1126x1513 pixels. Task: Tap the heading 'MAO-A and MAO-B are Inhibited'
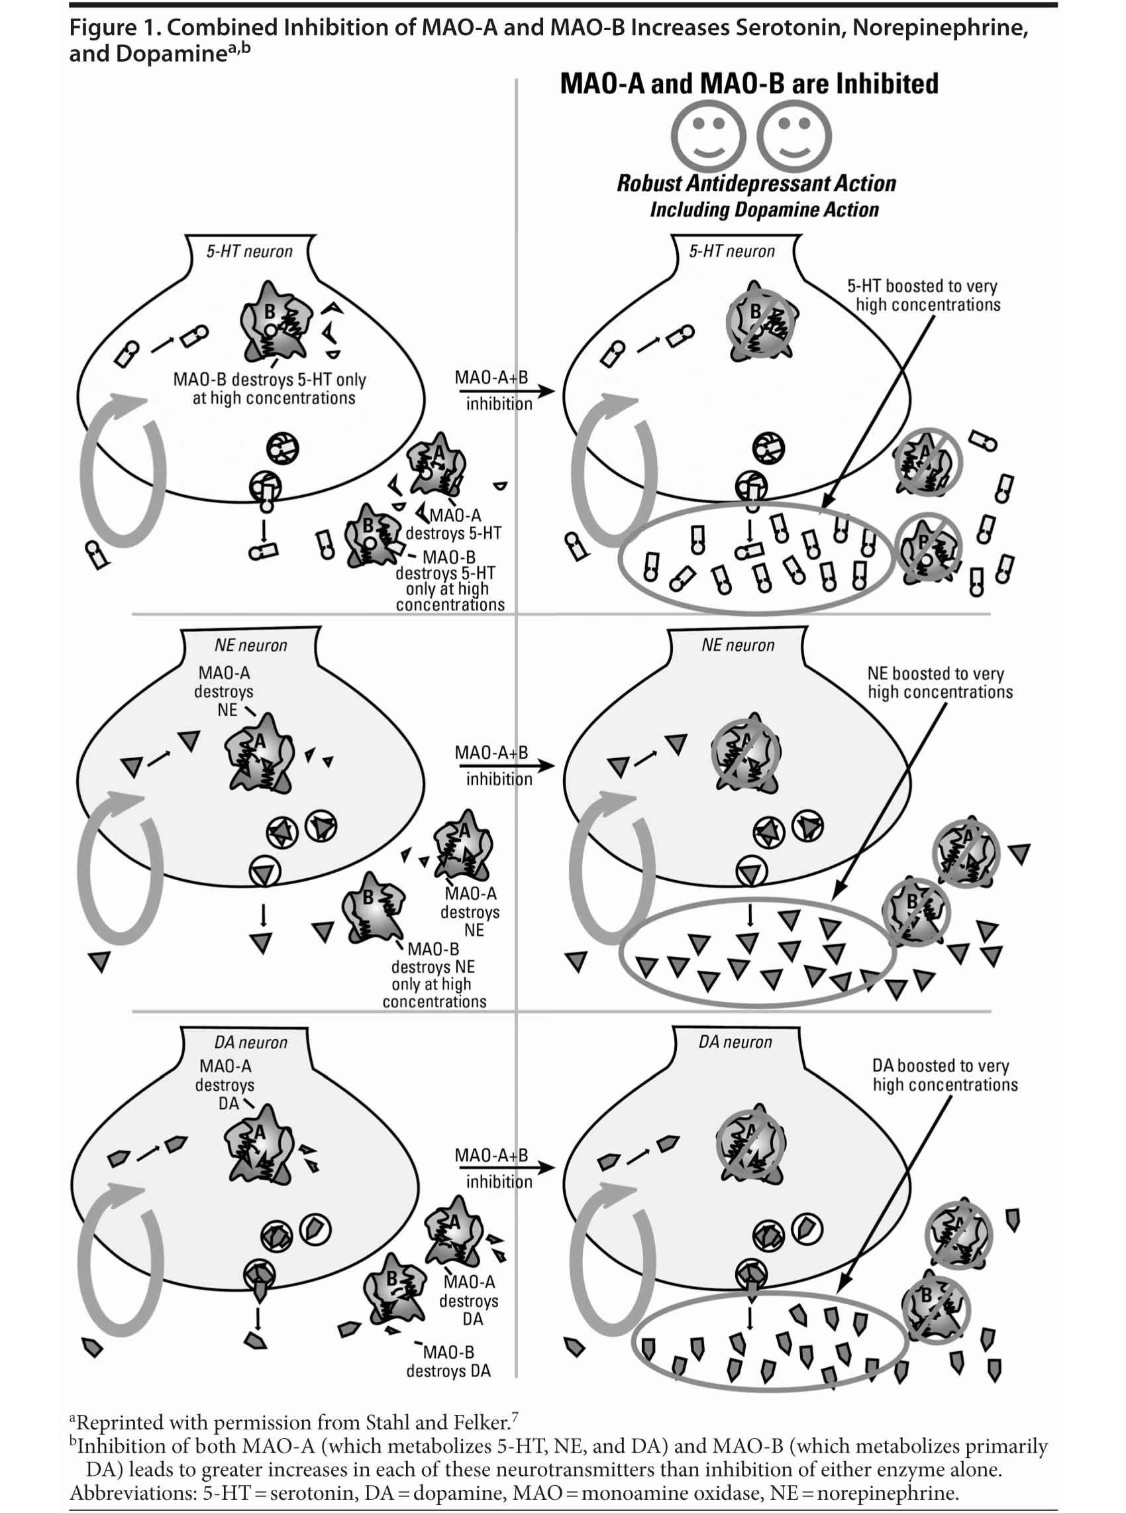(748, 84)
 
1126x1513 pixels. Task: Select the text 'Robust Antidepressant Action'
(756, 184)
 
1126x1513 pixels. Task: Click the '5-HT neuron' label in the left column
(250, 252)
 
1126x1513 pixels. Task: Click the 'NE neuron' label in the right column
(737, 645)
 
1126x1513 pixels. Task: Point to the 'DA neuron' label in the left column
(250, 1042)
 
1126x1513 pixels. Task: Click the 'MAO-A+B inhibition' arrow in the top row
(505, 392)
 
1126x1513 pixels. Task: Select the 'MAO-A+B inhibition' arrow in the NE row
(505, 765)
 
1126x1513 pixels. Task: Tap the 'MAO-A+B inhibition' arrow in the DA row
(505, 1168)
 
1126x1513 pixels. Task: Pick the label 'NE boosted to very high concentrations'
(939, 683)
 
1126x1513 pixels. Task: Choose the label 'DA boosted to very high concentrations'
(944, 1075)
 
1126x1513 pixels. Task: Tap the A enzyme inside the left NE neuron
(260, 753)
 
